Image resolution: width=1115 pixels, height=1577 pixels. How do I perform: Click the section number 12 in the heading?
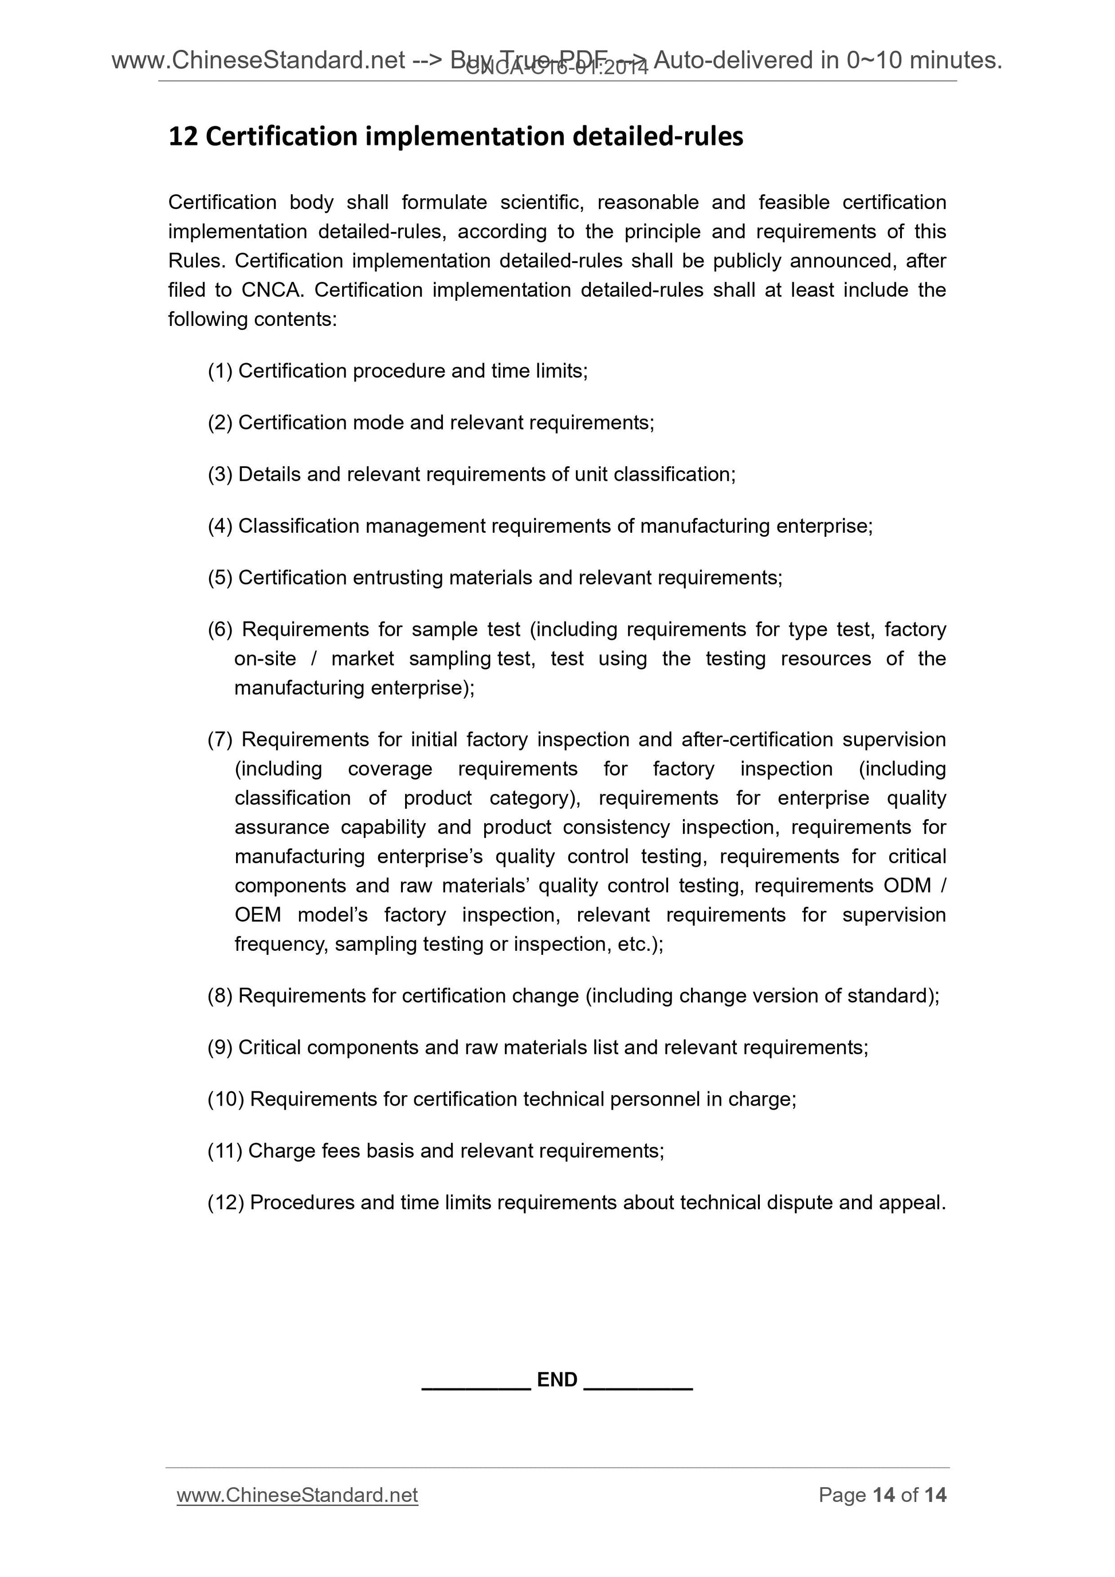click(x=183, y=137)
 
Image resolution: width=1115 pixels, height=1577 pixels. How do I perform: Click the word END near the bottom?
click(x=556, y=1379)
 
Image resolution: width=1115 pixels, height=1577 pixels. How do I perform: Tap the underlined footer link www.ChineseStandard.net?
click(x=297, y=1495)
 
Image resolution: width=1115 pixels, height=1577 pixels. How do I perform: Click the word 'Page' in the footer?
click(x=842, y=1495)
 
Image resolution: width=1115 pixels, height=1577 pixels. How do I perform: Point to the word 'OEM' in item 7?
click(x=258, y=915)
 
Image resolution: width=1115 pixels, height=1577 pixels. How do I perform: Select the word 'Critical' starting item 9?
click(x=270, y=1048)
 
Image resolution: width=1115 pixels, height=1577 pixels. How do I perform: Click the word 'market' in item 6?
click(x=363, y=659)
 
